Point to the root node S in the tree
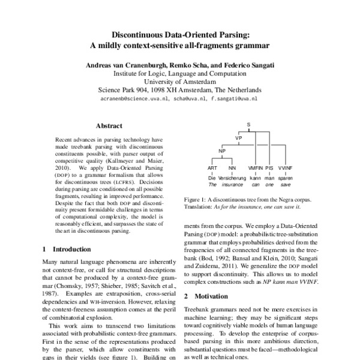(x=248, y=125)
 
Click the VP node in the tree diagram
(x=238, y=139)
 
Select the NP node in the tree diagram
(x=221, y=152)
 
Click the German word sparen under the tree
(x=286, y=178)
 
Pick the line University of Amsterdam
(x=180, y=80)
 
